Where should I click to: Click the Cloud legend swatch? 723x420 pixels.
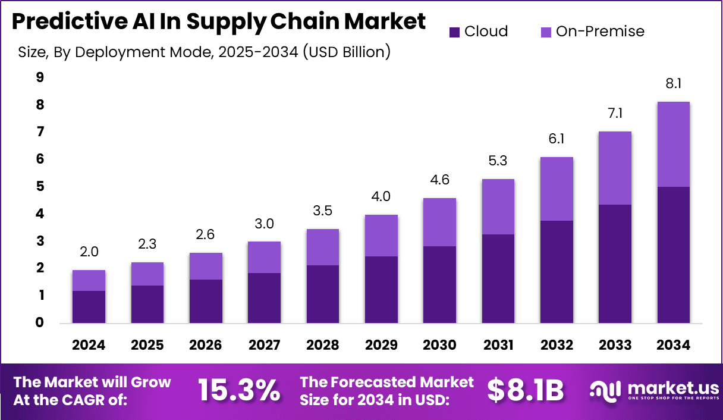click(455, 32)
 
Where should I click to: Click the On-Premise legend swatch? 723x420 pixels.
click(546, 32)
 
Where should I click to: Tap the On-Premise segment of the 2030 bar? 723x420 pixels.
click(439, 222)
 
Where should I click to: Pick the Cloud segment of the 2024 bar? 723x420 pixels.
click(89, 307)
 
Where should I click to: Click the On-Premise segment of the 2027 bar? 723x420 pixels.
click(264, 257)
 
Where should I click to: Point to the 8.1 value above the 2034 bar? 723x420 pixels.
click(673, 84)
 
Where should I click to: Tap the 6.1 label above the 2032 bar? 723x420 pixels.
click(557, 139)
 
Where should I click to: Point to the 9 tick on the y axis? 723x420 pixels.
click(39, 77)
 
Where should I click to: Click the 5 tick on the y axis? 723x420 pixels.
click(39, 186)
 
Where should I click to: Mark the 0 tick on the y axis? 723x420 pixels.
click(39, 323)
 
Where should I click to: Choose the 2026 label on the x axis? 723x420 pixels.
click(206, 345)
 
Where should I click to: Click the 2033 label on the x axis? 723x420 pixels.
click(615, 345)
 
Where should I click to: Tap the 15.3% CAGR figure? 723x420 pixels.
click(238, 390)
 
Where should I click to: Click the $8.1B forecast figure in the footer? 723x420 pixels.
click(524, 390)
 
